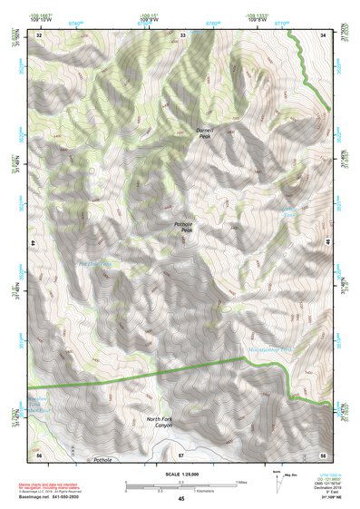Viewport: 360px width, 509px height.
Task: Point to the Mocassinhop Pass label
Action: coord(269,349)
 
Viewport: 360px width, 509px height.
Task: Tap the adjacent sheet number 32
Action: coord(39,34)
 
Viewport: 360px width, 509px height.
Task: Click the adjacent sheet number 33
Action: coord(182,34)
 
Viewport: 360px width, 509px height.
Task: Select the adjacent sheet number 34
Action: coord(323,34)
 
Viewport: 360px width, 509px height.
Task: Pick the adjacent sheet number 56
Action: coord(39,453)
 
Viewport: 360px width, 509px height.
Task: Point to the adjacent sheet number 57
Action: coord(181,453)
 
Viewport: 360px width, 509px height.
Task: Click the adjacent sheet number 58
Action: coord(323,453)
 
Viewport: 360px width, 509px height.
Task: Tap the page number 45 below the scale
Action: coord(181,499)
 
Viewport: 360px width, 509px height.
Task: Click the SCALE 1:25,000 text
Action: coord(180,473)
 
